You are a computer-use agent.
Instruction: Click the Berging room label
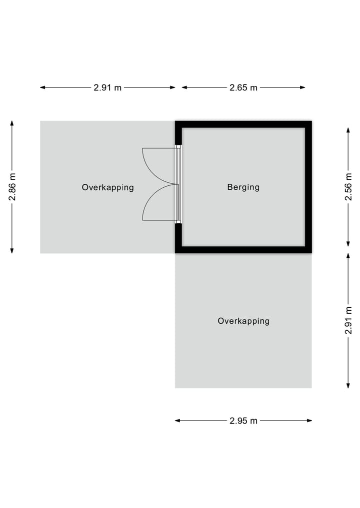243,187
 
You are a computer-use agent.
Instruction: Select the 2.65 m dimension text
243,87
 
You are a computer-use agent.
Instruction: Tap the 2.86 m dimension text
12,187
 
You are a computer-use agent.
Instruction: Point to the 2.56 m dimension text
348,187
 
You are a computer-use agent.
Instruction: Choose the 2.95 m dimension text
243,421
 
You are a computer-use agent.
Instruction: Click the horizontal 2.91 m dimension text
107,87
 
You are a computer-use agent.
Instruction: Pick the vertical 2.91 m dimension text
348,320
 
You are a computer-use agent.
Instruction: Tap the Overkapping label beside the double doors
107,188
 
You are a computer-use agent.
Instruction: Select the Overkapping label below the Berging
243,321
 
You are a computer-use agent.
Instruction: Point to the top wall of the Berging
243,124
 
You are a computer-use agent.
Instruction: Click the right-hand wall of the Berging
308,187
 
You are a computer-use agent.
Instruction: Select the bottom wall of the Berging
243,250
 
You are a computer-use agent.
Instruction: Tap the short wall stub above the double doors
178,133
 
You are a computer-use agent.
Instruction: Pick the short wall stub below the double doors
178,238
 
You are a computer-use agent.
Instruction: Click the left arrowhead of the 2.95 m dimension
177,421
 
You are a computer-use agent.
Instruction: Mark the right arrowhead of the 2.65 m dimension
303,87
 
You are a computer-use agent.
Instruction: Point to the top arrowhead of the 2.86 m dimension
12,123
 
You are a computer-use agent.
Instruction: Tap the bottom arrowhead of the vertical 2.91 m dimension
348,386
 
